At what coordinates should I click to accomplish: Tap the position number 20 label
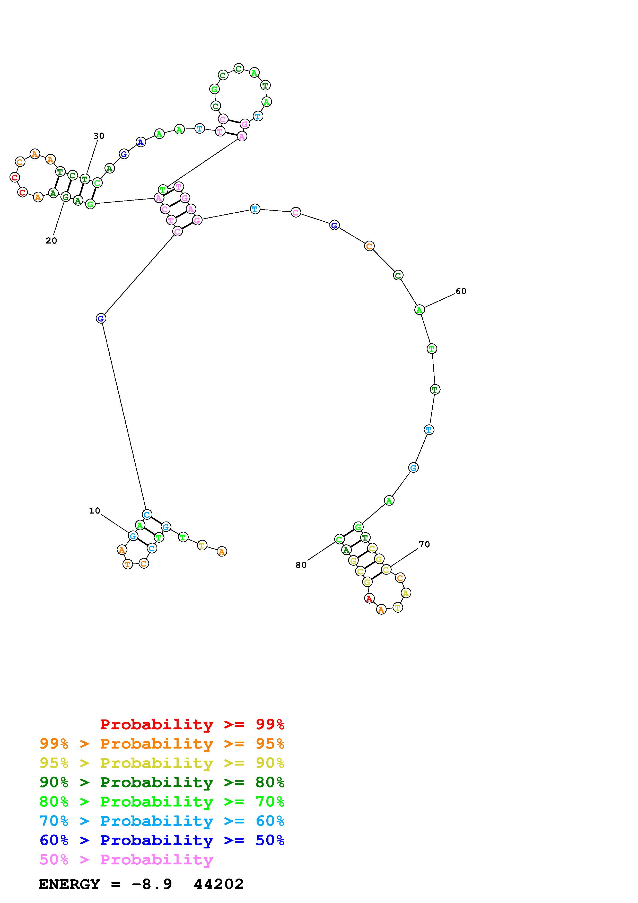pyautogui.click(x=51, y=241)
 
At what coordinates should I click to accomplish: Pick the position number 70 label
pyautogui.click(x=424, y=544)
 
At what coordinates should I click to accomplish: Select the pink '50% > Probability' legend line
pyautogui.click(x=126, y=859)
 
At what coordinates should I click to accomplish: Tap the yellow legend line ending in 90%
pyautogui.click(x=162, y=763)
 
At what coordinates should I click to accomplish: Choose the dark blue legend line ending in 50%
pyautogui.click(x=162, y=840)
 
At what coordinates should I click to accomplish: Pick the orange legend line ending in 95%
pyautogui.click(x=162, y=744)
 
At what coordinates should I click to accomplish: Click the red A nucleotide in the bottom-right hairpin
pyautogui.click(x=369, y=598)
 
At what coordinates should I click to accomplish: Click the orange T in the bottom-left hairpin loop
pyautogui.click(x=128, y=564)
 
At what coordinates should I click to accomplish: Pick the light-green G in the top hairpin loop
pyautogui.click(x=214, y=89)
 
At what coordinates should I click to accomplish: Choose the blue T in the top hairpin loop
pyautogui.click(x=257, y=116)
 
